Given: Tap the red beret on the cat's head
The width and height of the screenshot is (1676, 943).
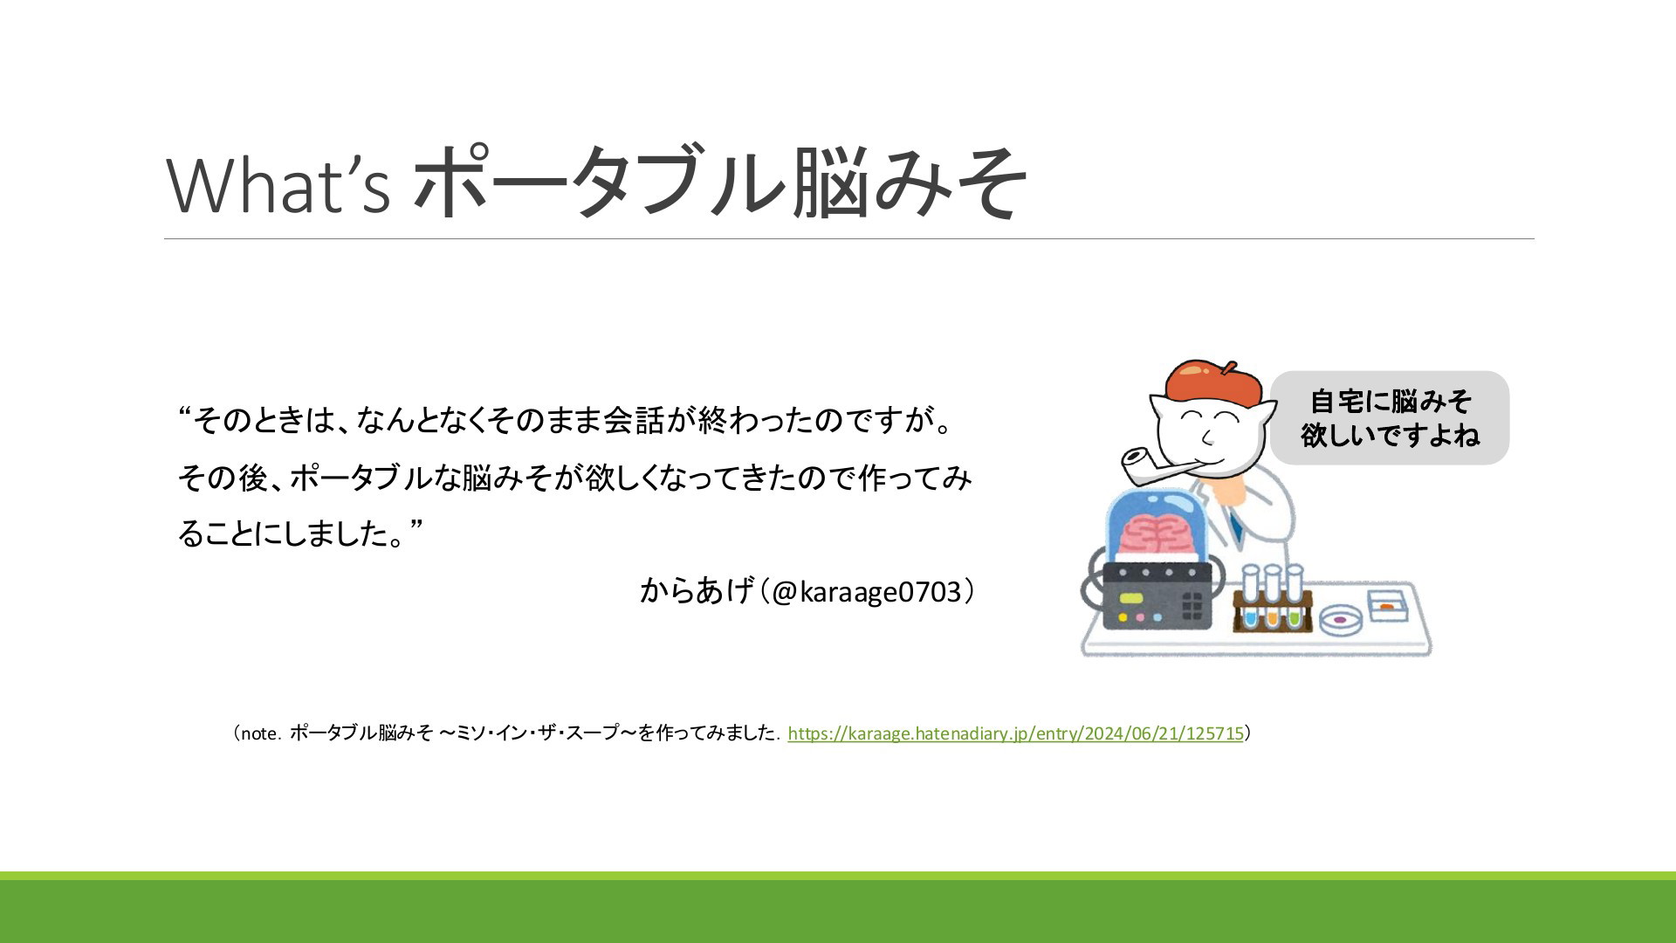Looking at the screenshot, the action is pyautogui.click(x=1213, y=383).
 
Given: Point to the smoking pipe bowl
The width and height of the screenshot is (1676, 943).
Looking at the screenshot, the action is pyautogui.click(x=1136, y=464).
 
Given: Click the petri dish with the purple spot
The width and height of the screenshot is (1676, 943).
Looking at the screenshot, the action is pyautogui.click(x=1342, y=620).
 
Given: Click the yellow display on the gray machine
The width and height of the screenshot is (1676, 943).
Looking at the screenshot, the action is pyautogui.click(x=1131, y=598).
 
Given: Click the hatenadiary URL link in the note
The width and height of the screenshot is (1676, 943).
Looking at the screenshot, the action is pyautogui.click(x=1015, y=733).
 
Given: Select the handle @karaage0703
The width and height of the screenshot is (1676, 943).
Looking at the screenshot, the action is pyautogui.click(x=867, y=592).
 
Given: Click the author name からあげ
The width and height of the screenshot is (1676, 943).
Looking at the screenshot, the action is pyautogui.click(x=696, y=590).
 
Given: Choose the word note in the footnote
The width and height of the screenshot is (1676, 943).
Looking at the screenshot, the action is pyautogui.click(x=259, y=733).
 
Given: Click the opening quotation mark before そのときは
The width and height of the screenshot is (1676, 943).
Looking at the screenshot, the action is pyautogui.click(x=185, y=412).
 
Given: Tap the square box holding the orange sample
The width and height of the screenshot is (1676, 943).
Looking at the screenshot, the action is pyautogui.click(x=1386, y=606).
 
